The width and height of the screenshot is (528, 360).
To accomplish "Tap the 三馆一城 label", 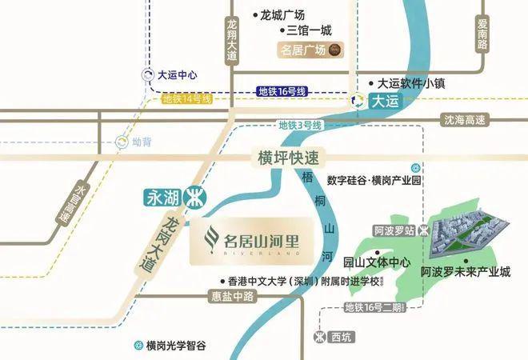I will point(307,31).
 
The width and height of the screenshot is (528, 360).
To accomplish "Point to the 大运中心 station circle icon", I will point(146,76).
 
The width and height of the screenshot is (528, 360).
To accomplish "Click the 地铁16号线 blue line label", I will point(282,92).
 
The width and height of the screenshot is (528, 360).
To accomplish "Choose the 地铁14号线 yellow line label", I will point(186,99).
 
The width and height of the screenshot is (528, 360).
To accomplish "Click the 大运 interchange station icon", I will point(358,101).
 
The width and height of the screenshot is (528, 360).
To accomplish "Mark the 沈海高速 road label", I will point(465,120).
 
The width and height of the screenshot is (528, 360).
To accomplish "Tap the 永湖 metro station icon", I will point(193,196).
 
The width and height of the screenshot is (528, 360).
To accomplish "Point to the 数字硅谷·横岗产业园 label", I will point(374,181).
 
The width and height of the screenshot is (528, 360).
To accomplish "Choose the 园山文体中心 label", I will point(376,262).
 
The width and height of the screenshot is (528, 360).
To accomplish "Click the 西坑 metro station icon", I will point(320,337).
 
